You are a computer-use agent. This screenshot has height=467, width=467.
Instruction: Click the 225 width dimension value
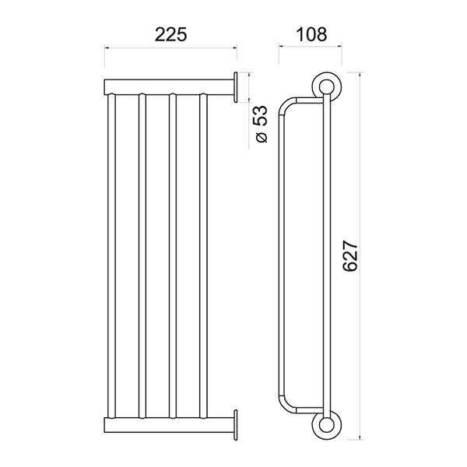pyautogui.click(x=170, y=34)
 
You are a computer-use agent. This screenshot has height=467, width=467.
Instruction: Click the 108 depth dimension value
pyautogui.click(x=311, y=34)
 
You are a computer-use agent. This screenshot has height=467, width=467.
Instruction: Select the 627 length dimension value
pyautogui.click(x=349, y=256)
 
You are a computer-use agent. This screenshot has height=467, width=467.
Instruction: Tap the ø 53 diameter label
pyautogui.click(x=260, y=124)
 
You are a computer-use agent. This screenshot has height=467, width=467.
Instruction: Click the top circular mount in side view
pyautogui.click(x=327, y=87)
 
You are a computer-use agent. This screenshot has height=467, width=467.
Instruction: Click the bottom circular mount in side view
pyautogui.click(x=327, y=425)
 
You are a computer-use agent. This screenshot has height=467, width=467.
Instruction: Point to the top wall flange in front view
pyautogui.click(x=236, y=87)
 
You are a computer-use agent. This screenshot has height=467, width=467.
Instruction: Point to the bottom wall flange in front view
pyautogui.click(x=236, y=425)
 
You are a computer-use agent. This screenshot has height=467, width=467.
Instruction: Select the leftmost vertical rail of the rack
pyautogui.click(x=111, y=256)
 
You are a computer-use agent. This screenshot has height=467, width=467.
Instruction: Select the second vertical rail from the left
pyautogui.click(x=142, y=256)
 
